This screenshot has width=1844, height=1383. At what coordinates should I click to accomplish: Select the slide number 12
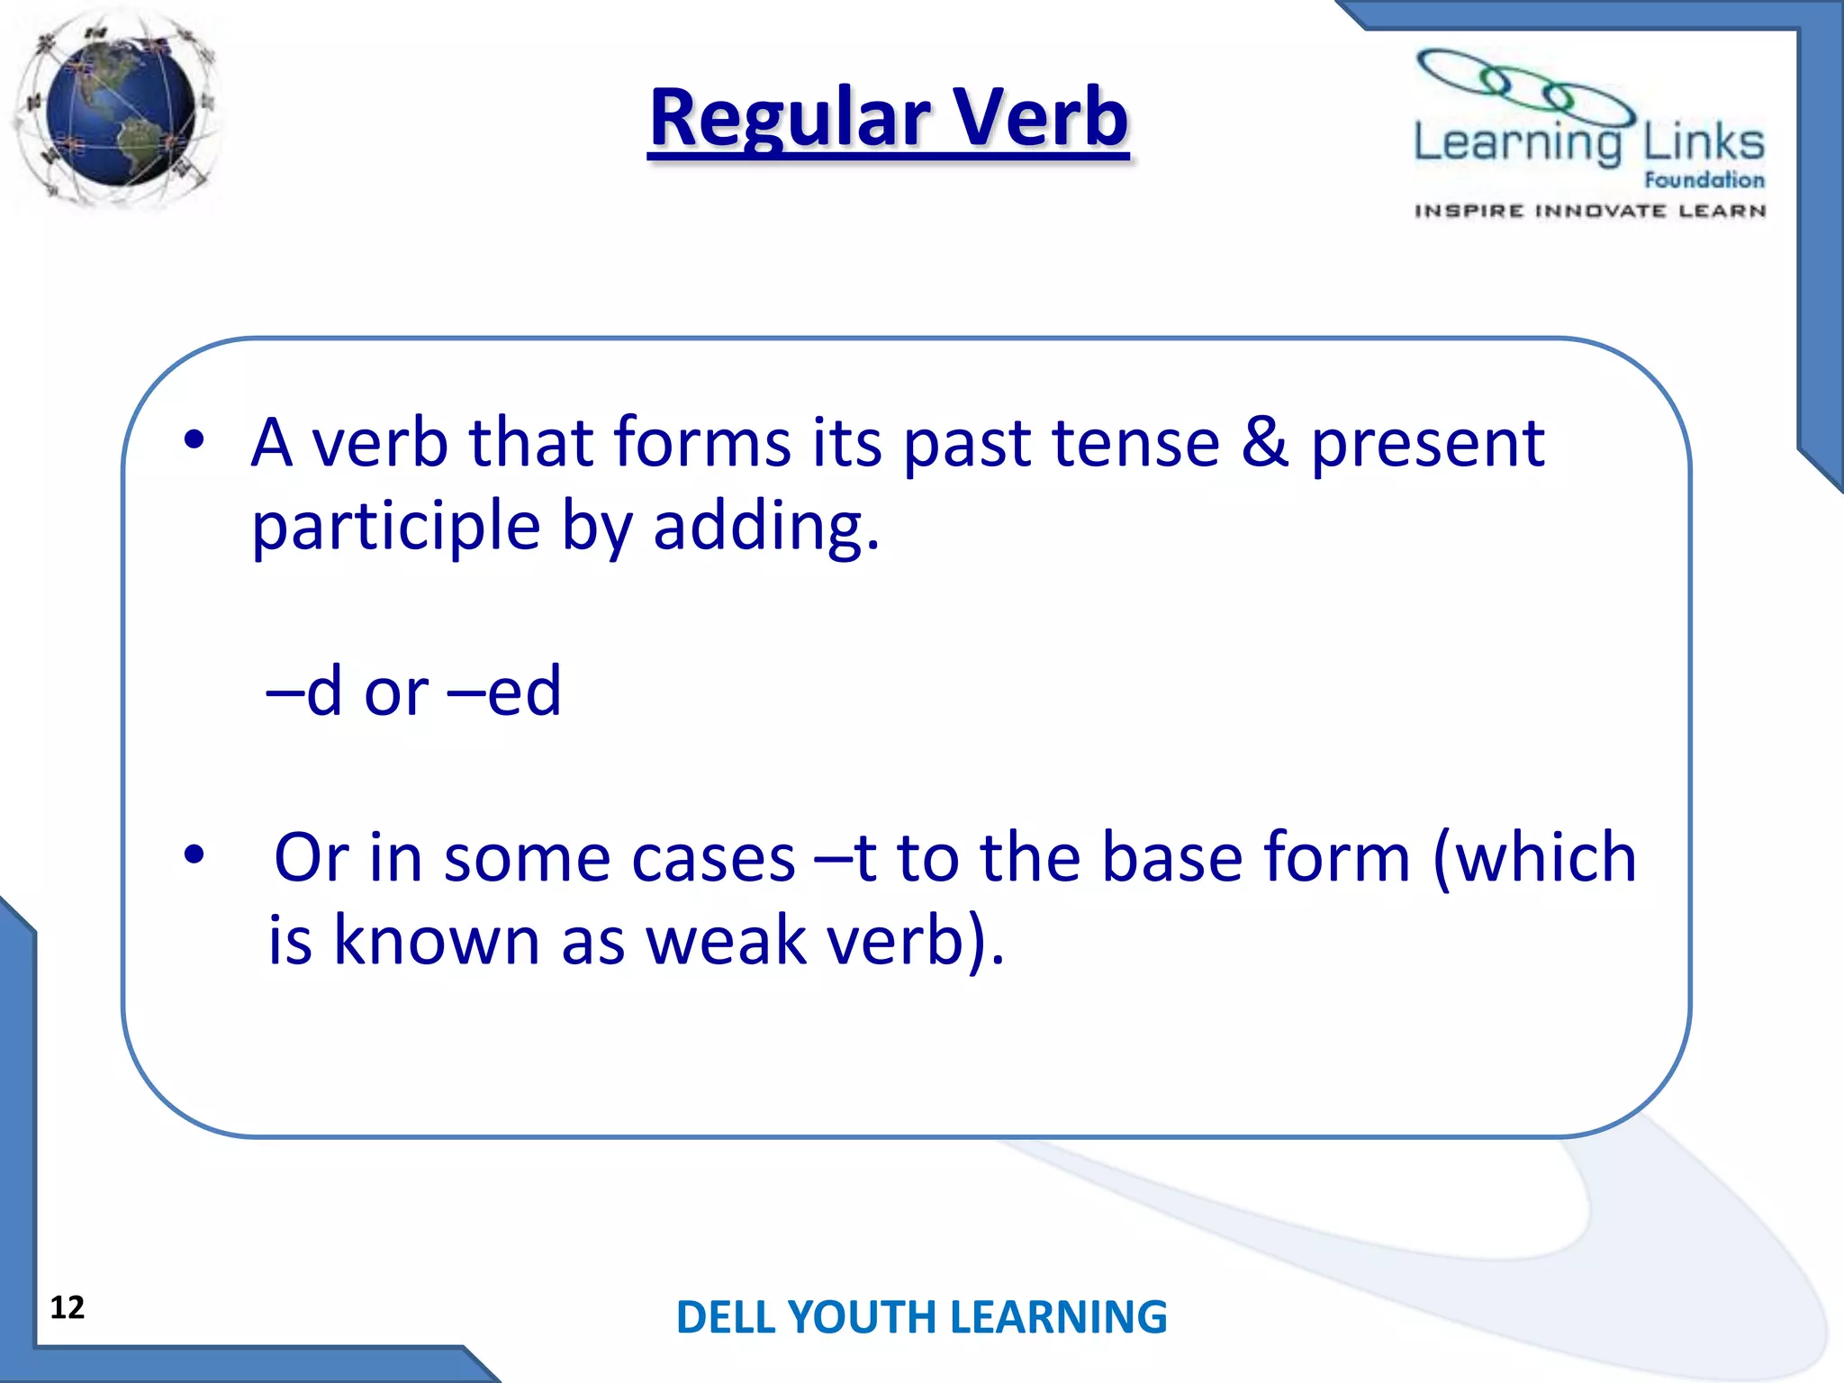(x=68, y=1307)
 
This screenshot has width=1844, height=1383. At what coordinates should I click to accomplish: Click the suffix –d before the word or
(x=304, y=691)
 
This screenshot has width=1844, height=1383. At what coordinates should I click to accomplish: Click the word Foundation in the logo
(x=1704, y=180)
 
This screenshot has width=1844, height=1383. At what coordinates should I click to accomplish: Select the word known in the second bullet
(x=437, y=941)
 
